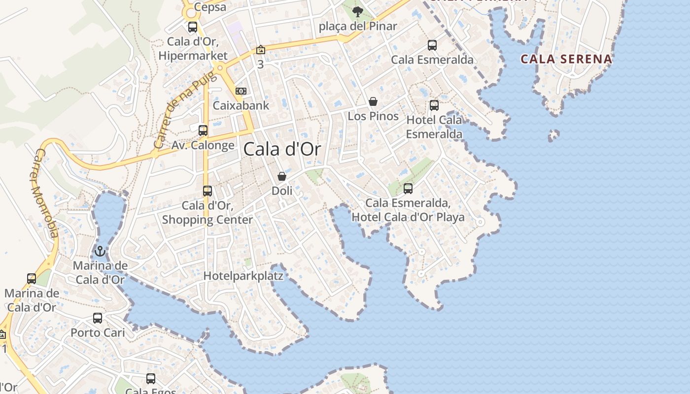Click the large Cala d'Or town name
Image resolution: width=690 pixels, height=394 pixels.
(x=282, y=149)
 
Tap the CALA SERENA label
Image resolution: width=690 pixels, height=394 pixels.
(x=566, y=59)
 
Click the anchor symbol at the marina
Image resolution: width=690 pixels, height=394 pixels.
(x=100, y=251)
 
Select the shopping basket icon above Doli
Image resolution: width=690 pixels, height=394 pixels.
(x=282, y=176)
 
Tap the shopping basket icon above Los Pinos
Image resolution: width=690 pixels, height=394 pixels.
(x=373, y=101)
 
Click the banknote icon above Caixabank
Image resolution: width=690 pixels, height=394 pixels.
(x=241, y=91)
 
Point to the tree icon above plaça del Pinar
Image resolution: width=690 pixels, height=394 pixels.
(x=358, y=11)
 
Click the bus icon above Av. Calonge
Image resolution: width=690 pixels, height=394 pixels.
(x=203, y=131)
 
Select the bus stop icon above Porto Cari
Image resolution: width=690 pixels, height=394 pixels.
(x=98, y=318)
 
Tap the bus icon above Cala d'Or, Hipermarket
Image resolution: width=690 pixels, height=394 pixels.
(x=193, y=27)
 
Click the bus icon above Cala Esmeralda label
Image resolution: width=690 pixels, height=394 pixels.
(x=432, y=45)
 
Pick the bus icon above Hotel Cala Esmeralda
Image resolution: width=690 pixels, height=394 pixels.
(x=434, y=105)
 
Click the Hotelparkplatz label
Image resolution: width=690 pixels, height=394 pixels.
(x=243, y=276)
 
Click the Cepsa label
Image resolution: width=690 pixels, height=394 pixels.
(x=210, y=7)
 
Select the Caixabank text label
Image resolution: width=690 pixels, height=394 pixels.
(x=241, y=105)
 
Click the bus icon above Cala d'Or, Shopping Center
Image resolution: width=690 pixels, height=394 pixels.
(x=207, y=191)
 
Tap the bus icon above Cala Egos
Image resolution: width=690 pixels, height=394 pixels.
(x=151, y=379)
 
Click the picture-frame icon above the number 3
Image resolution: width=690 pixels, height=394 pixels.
(x=260, y=50)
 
